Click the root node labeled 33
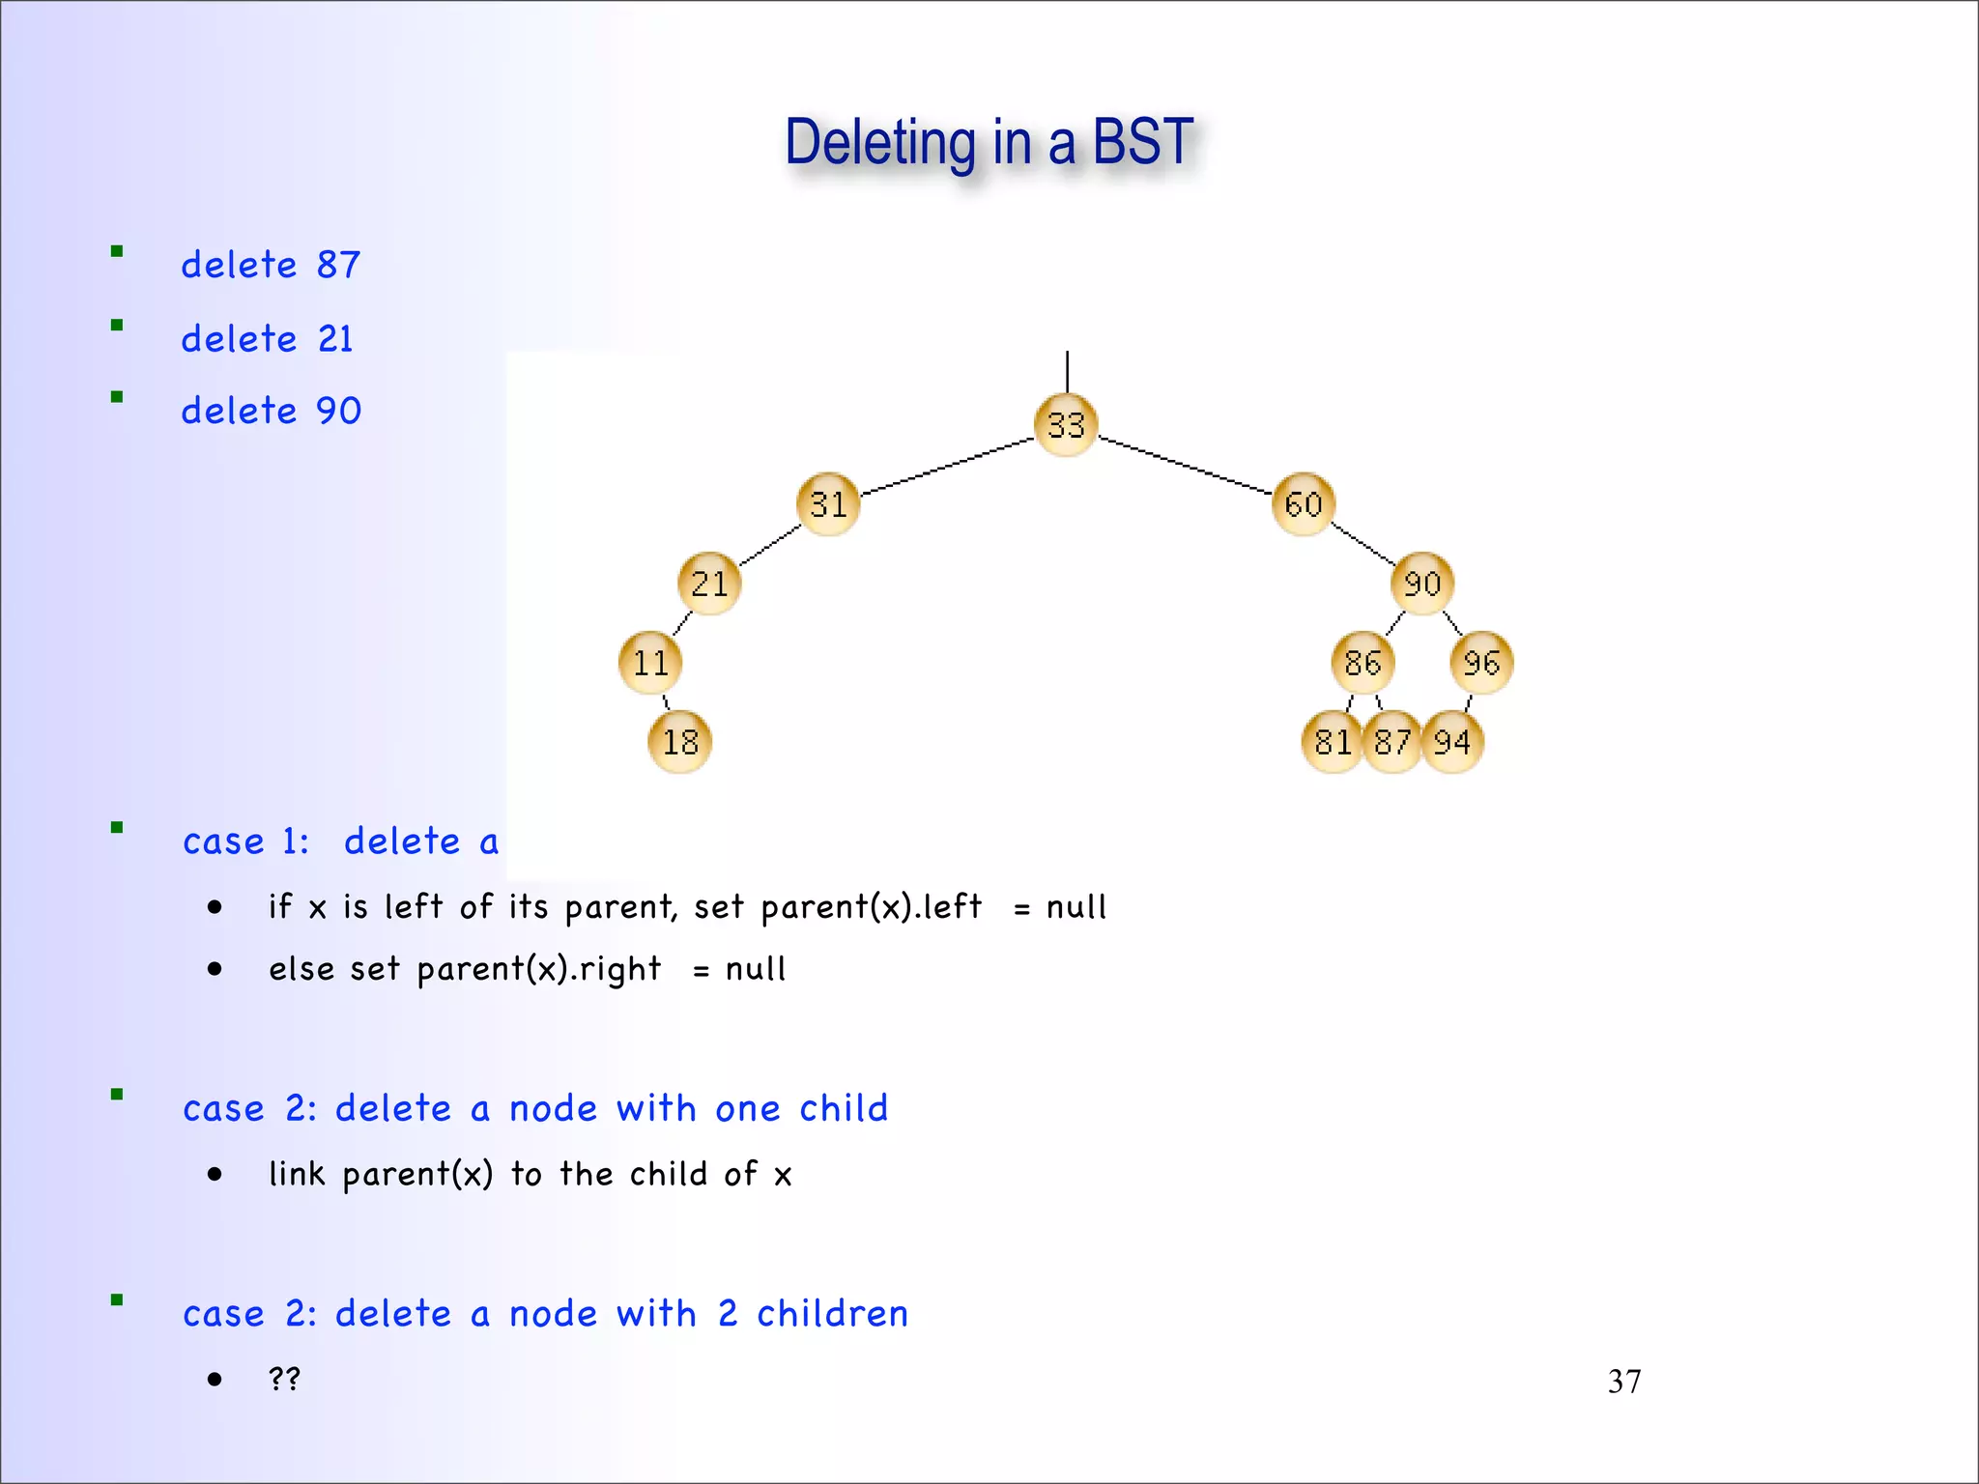1066,425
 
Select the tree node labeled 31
828,504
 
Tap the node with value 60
1303,504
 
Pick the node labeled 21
709,584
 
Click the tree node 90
1421,584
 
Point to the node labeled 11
650,663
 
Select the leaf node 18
679,742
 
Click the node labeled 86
1362,663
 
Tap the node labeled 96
1481,663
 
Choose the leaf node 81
1332,742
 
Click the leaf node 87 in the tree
1391,742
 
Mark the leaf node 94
1452,742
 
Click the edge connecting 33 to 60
1186,466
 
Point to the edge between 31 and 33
947,467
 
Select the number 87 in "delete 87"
338,265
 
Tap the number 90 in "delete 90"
338,412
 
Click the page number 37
1623,1382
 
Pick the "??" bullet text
284,1378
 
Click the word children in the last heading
832,1314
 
